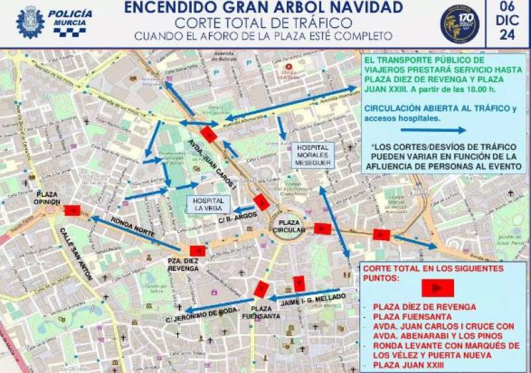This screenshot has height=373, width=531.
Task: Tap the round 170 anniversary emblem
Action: pyautogui.click(x=459, y=24)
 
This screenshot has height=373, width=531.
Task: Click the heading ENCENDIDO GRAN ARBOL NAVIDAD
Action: pyautogui.click(x=264, y=8)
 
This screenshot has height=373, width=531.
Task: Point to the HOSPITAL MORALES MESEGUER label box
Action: pyautogui.click(x=313, y=155)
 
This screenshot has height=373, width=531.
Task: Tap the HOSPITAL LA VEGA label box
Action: pyautogui.click(x=208, y=204)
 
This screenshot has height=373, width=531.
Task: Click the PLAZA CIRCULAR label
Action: pyautogui.click(x=289, y=226)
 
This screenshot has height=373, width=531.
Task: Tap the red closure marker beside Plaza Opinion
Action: pyautogui.click(x=72, y=210)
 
